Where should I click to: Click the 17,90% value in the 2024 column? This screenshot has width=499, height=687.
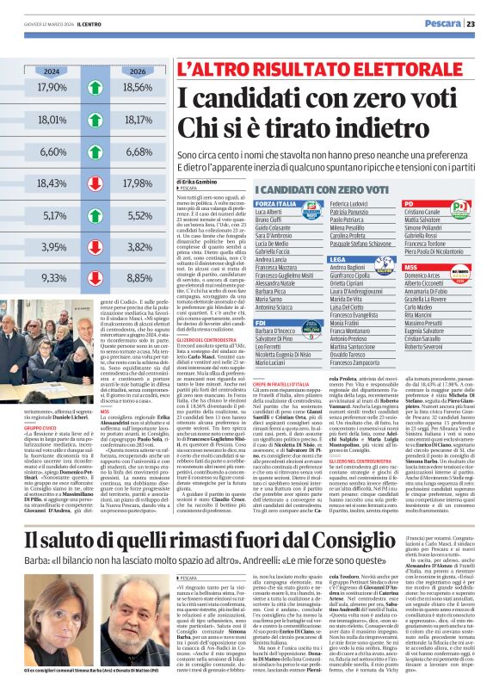click(x=52, y=88)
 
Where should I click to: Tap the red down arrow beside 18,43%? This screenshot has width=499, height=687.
click(x=94, y=183)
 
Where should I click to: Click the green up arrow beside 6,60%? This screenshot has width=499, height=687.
click(x=94, y=152)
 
